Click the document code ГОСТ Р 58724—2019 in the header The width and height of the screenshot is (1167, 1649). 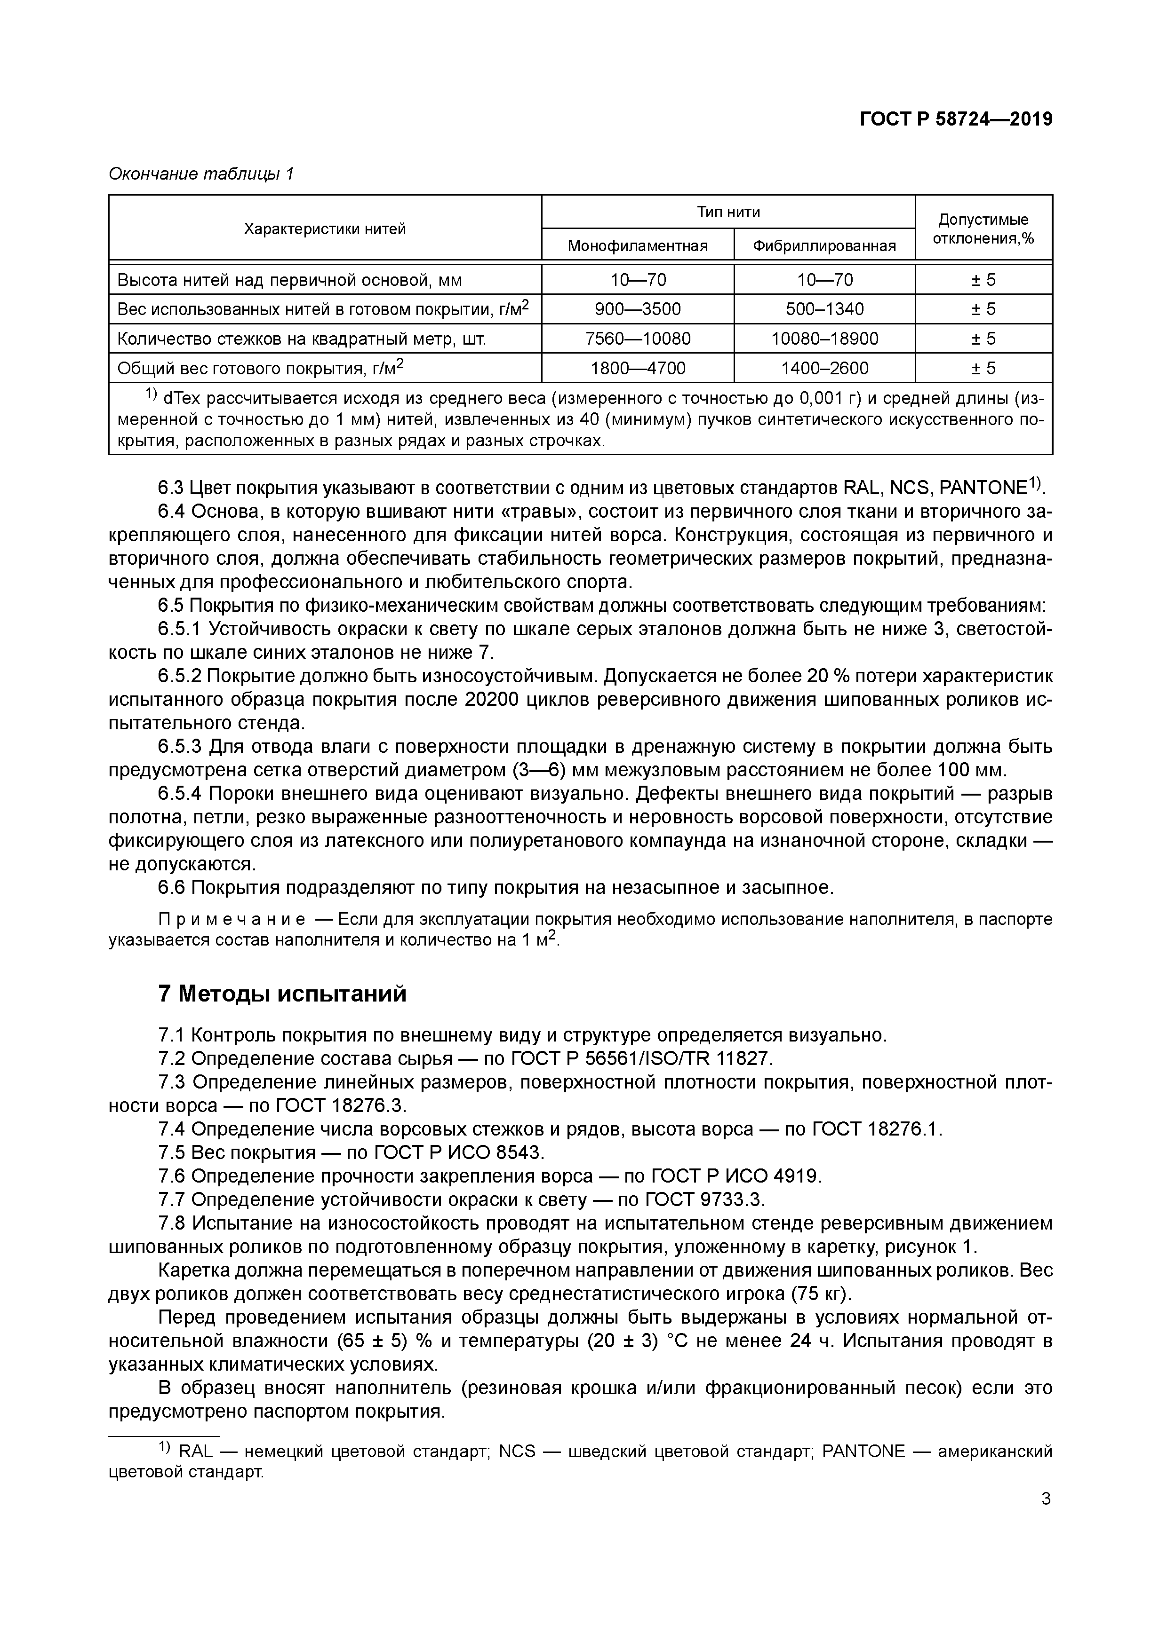tap(956, 120)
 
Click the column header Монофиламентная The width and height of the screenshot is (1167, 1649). tap(638, 245)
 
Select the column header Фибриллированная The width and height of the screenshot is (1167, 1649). tap(824, 245)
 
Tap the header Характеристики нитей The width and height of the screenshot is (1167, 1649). tap(325, 229)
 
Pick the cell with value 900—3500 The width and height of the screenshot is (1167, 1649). tap(638, 309)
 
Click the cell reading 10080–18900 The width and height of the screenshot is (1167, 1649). tap(824, 338)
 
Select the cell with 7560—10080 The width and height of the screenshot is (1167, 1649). tap(638, 338)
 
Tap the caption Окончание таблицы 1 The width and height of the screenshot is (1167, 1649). tap(201, 174)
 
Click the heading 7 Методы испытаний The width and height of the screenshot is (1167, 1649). tap(282, 993)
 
